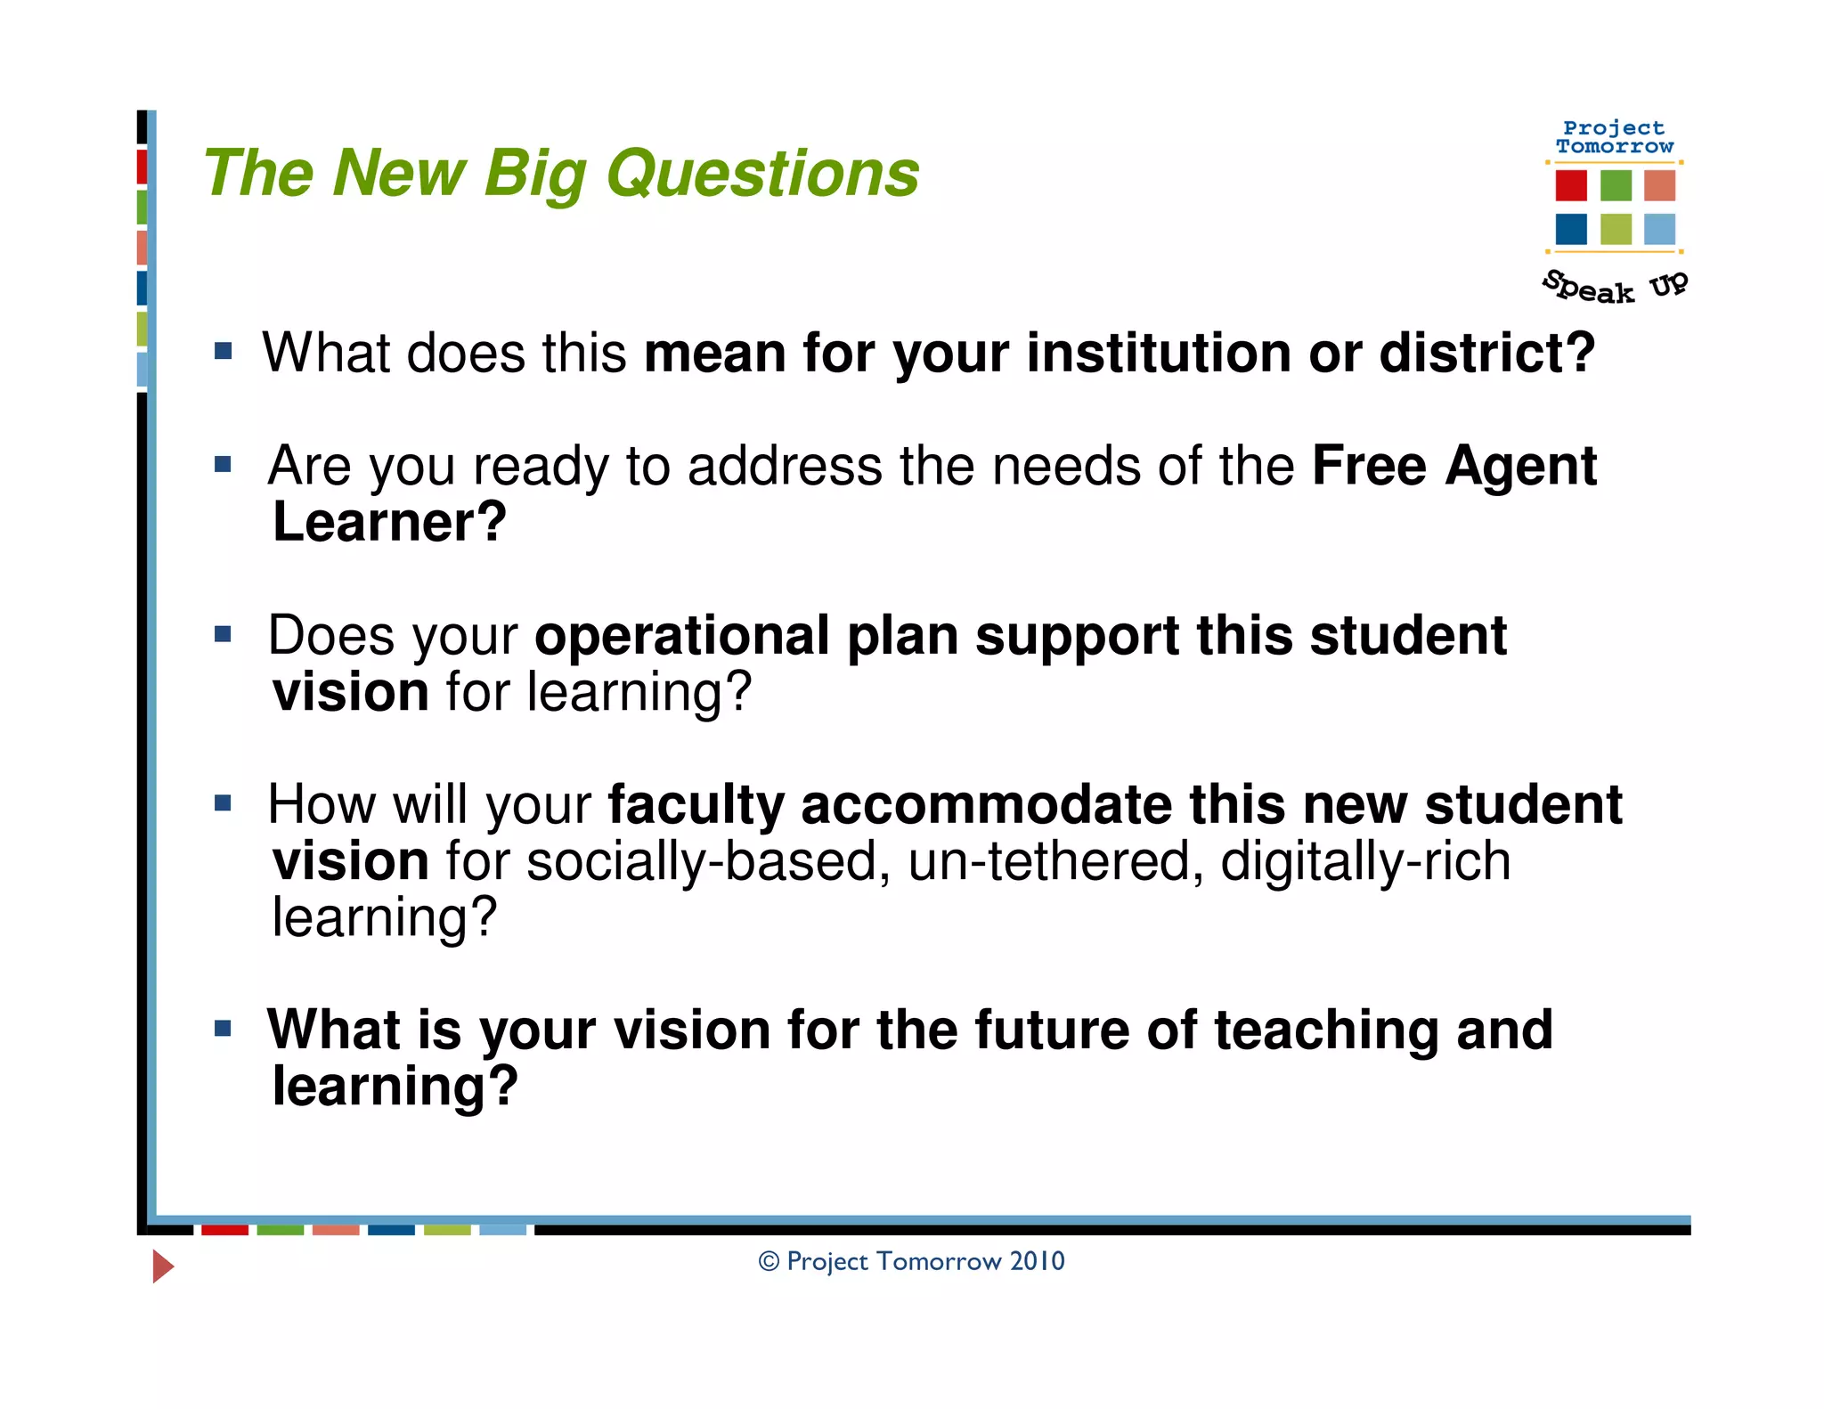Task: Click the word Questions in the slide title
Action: coord(762,174)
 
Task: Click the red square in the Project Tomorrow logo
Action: coord(1570,185)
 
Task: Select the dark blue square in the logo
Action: coord(1570,229)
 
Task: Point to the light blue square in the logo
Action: coord(1659,229)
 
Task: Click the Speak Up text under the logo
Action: coord(1614,287)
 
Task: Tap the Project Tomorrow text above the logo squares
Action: coord(1614,137)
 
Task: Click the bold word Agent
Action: coord(1520,467)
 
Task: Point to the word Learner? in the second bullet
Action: coord(389,522)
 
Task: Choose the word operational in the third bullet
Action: coord(681,636)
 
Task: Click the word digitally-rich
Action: coord(1365,862)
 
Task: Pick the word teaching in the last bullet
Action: coord(1326,1030)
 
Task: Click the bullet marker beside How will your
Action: coord(223,803)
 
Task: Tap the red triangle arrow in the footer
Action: coord(162,1266)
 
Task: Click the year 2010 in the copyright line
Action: coord(1038,1261)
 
